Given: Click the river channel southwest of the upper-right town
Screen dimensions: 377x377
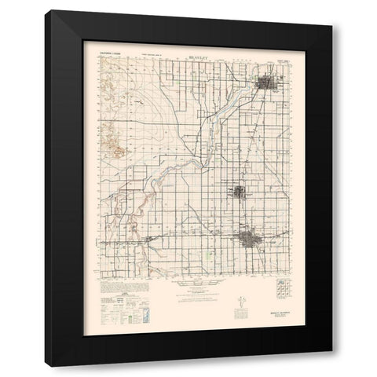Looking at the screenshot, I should click(x=216, y=118).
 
